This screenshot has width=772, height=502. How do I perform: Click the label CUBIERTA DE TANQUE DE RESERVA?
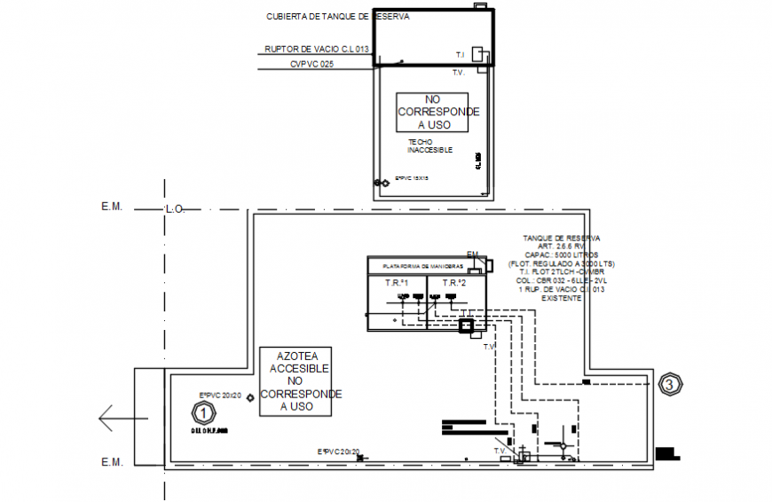338,17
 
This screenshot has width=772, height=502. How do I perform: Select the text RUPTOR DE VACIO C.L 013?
317,50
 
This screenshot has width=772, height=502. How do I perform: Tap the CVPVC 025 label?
311,65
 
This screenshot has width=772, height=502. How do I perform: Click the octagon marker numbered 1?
204,412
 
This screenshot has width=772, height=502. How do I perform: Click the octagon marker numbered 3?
672,384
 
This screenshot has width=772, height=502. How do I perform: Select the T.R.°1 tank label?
396,283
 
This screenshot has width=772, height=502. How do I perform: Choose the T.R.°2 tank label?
455,283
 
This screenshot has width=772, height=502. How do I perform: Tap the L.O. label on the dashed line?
174,210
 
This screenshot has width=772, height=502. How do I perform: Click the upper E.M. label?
112,207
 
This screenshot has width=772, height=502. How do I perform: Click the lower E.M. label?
112,462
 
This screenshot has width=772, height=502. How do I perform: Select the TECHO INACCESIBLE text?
429,146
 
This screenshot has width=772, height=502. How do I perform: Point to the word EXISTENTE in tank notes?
562,299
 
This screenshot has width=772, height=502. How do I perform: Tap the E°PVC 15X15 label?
412,178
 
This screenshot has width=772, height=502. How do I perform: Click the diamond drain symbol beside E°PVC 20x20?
252,397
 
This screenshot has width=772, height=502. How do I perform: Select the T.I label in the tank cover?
460,55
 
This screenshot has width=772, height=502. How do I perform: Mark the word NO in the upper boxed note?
432,100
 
